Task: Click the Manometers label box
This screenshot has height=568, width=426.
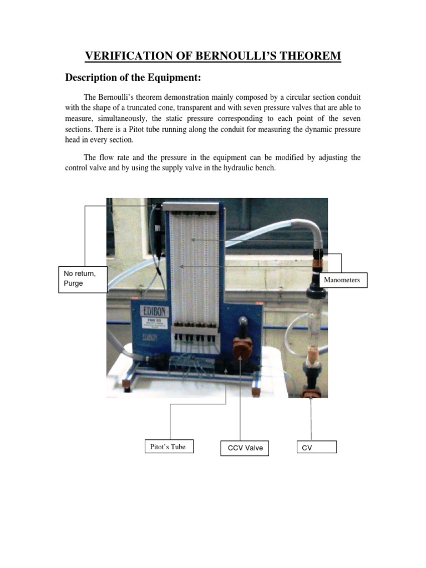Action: coord(342,280)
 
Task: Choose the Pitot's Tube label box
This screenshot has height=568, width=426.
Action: coord(168,447)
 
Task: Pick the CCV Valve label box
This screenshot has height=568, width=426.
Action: coord(244,448)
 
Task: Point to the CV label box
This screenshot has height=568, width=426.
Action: coord(316,447)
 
